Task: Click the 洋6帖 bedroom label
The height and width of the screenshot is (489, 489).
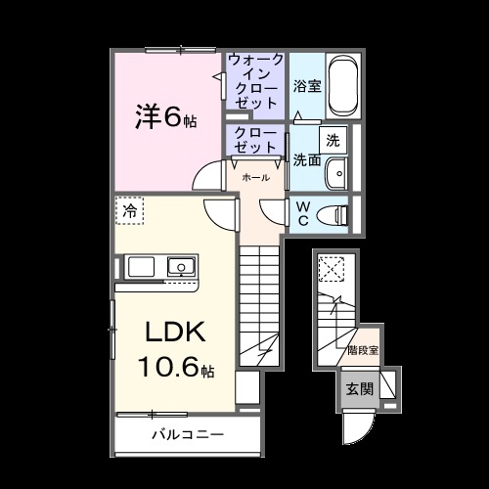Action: [x=165, y=117]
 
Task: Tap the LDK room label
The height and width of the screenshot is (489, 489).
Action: [x=175, y=333]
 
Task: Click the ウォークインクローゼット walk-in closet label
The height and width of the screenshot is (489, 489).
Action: [x=255, y=82]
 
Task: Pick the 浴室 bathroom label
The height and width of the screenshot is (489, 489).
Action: [x=307, y=85]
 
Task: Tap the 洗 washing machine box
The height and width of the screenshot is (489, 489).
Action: [x=333, y=138]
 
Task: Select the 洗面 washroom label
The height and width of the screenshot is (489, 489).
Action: [x=307, y=159]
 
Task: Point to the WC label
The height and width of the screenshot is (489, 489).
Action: [x=302, y=213]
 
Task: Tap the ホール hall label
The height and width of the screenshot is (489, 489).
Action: [x=256, y=178]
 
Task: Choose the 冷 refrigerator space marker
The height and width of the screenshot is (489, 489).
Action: [x=129, y=209]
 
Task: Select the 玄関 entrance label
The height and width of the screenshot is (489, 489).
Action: [x=359, y=387]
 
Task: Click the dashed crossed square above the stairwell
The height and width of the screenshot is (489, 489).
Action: [x=334, y=267]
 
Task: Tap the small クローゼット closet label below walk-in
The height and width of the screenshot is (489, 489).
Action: [x=255, y=139]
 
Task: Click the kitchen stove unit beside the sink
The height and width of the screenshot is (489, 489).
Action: [x=139, y=267]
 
